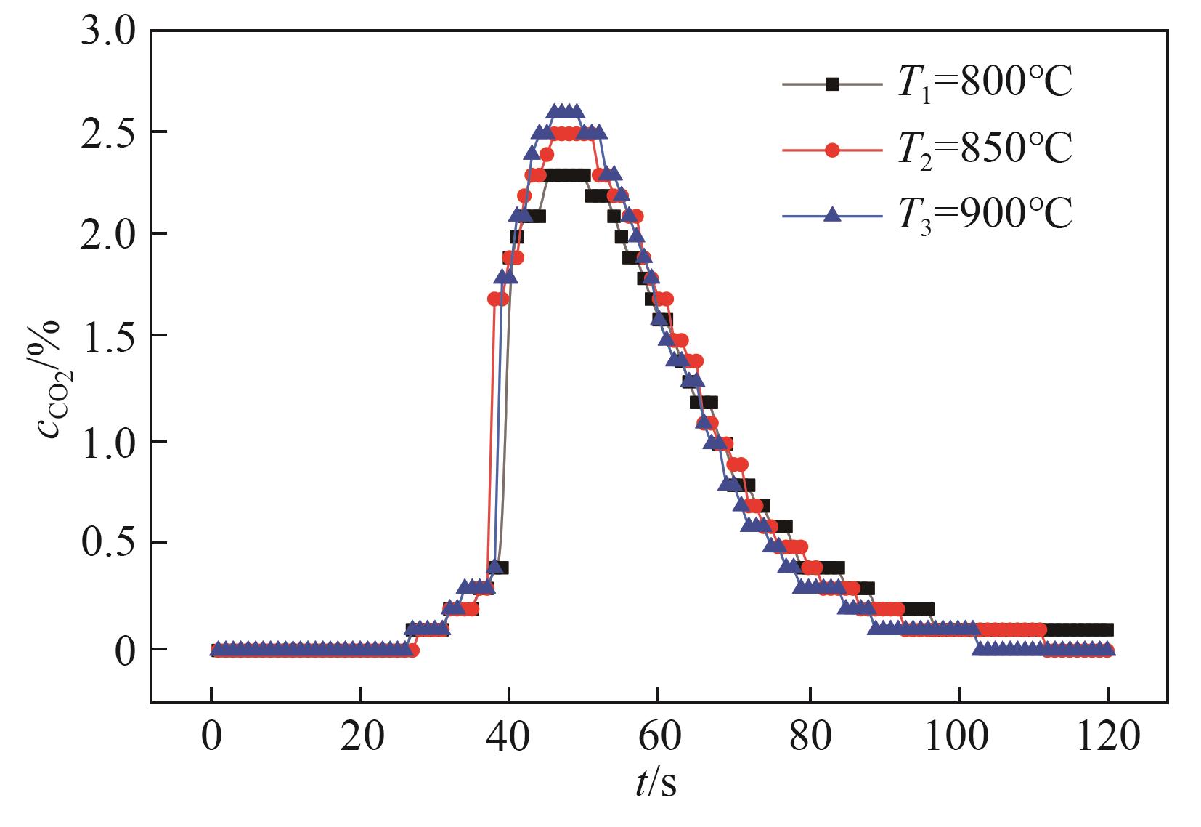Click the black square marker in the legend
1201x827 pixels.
point(832,84)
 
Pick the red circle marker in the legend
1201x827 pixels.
point(832,150)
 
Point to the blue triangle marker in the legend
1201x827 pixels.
point(832,214)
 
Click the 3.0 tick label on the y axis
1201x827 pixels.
point(107,32)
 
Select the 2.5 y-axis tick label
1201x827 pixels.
point(107,132)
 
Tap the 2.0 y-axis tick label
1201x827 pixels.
point(107,234)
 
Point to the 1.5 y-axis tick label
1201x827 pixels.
point(107,336)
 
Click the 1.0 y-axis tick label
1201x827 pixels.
point(107,441)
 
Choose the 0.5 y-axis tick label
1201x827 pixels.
point(107,543)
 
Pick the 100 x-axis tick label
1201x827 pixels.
point(958,738)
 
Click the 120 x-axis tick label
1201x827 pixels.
point(1108,738)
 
